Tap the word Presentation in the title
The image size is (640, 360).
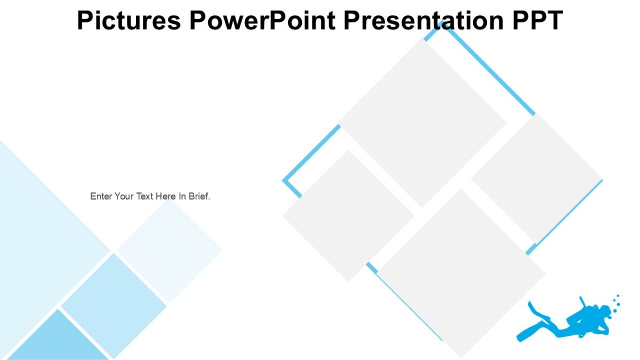[425, 20]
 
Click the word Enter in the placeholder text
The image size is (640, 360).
[101, 196]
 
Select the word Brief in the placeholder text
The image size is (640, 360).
[199, 196]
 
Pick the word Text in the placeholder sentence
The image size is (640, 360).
[145, 196]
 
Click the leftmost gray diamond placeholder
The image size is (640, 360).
[348, 215]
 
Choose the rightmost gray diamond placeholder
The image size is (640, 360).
[537, 179]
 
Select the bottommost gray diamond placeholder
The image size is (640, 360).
[461, 273]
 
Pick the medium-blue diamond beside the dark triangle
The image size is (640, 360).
[114, 306]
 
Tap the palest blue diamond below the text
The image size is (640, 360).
[170, 251]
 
